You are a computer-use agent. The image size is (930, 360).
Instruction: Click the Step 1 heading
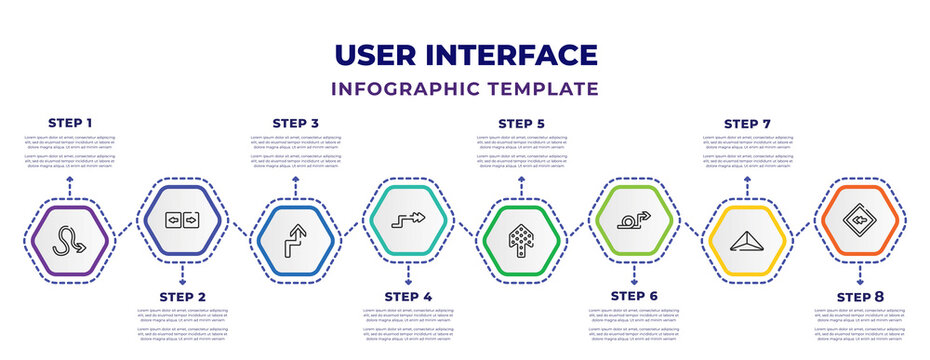coord(70,123)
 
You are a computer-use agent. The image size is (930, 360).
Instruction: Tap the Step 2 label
coord(182,297)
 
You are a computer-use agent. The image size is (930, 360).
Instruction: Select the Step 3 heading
coord(296,123)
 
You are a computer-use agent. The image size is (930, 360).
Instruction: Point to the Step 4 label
coord(408,297)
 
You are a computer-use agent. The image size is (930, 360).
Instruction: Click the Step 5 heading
coord(522,123)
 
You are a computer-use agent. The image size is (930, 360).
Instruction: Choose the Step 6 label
coord(634,297)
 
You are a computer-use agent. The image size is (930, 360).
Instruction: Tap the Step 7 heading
coord(747,123)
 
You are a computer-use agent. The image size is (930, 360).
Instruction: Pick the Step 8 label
coord(860,297)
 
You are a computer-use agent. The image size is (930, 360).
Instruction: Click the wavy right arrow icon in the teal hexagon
coord(408,216)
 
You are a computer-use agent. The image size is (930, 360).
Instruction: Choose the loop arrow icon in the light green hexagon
coord(634,216)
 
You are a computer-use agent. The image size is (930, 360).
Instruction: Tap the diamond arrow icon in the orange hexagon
coord(860,216)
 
